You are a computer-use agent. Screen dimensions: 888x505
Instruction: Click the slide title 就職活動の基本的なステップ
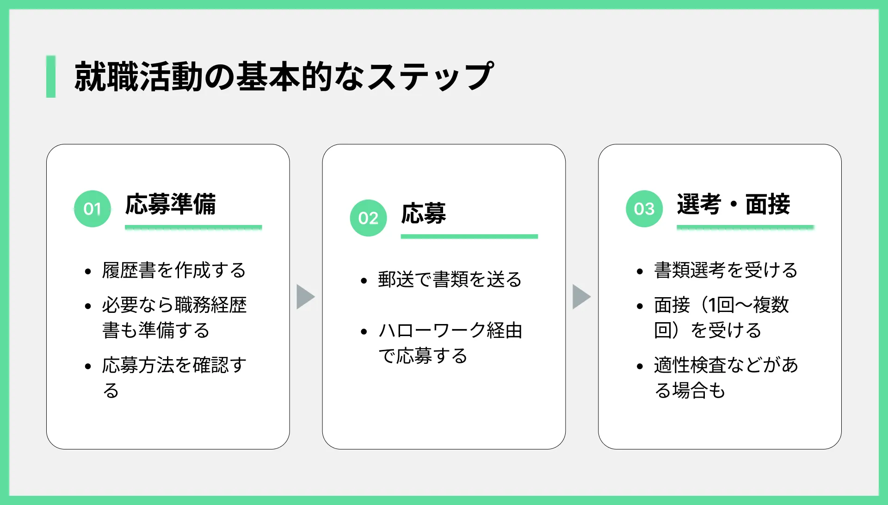284,76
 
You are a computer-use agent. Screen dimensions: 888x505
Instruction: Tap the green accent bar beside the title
51,76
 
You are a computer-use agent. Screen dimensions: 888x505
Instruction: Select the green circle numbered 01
92,209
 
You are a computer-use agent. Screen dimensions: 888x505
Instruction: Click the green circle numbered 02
368,218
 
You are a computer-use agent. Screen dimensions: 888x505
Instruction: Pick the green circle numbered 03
644,209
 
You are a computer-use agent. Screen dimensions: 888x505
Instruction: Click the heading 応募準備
171,204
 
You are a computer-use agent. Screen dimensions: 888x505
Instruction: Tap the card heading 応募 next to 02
424,213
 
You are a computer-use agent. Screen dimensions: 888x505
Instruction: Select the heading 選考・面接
734,204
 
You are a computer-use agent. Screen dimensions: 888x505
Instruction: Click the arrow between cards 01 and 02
306,297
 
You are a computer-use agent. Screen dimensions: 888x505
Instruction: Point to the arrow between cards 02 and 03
582,297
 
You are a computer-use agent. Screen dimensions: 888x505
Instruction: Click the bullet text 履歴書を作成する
174,270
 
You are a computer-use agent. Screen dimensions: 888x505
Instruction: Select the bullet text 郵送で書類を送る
450,280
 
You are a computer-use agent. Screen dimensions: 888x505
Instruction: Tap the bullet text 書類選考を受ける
726,270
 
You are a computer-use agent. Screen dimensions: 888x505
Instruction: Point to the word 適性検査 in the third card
690,365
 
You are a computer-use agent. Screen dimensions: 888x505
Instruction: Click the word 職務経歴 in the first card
211,305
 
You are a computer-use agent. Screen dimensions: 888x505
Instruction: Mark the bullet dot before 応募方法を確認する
88,367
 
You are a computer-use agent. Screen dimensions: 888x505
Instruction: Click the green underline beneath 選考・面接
745,227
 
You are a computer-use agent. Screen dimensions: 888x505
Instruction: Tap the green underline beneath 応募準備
193,227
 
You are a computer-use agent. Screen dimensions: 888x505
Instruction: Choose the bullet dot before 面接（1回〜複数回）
640,306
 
